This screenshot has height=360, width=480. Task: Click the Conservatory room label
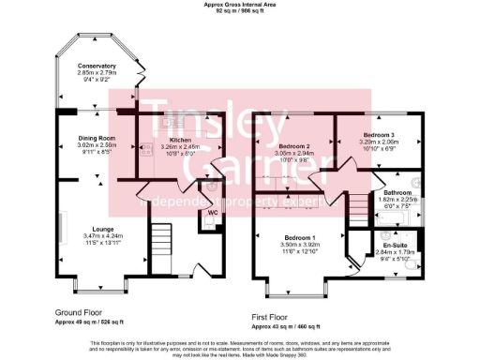[x=97, y=66]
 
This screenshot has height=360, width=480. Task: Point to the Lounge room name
[x=97, y=228]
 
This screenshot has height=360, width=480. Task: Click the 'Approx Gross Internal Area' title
[x=240, y=5]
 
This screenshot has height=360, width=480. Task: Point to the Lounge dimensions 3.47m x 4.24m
[x=97, y=235]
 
